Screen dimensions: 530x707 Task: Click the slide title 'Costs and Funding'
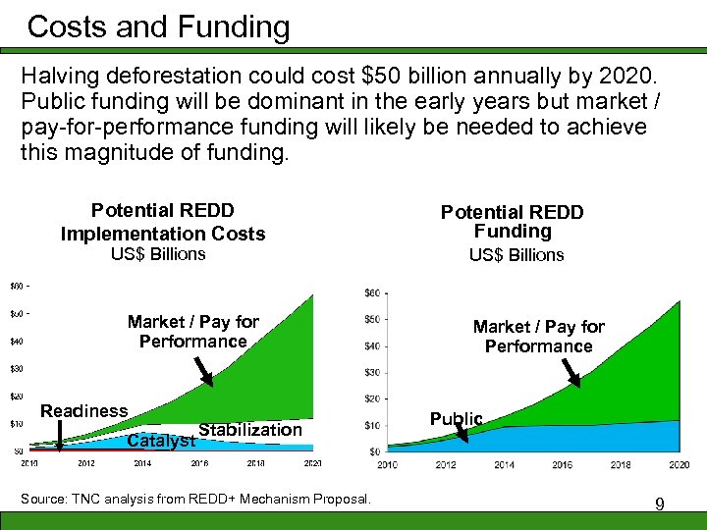click(x=158, y=26)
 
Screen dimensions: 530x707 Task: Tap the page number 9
click(x=660, y=504)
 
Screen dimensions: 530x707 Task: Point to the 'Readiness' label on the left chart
click(x=83, y=411)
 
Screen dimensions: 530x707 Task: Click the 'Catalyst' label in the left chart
click(x=161, y=441)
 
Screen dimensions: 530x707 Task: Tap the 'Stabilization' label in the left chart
click(x=250, y=430)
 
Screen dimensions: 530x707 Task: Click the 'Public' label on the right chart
click(x=456, y=419)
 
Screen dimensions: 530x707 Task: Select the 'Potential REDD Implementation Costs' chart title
click(x=163, y=222)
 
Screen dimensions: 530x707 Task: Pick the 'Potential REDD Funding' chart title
click(x=512, y=222)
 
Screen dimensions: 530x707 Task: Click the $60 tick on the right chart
click(x=371, y=292)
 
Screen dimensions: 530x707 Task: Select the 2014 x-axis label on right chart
click(x=504, y=464)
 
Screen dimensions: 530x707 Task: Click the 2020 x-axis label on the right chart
click(x=678, y=464)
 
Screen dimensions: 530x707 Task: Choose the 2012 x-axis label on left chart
click(x=85, y=462)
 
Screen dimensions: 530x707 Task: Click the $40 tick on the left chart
click(x=16, y=342)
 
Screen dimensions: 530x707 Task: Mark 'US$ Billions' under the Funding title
click(x=516, y=255)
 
